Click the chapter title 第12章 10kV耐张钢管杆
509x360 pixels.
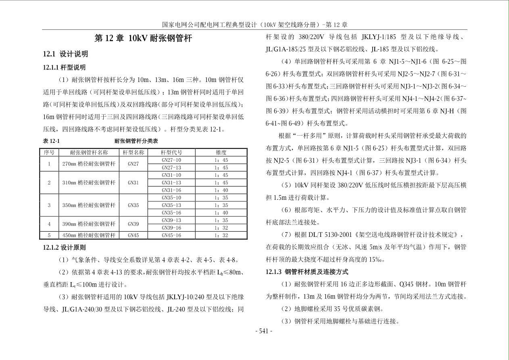[143, 39]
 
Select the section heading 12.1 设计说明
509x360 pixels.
[65, 54]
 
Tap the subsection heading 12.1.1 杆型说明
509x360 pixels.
[64, 67]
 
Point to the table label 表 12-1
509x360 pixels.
[51, 141]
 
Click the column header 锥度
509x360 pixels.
[221, 153]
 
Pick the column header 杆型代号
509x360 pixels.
[171, 153]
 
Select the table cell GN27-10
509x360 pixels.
[171, 160]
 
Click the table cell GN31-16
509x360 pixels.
[171, 190]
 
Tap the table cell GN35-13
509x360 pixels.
[171, 205]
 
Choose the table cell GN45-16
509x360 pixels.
[171, 235]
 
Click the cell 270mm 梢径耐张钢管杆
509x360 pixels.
[89, 164]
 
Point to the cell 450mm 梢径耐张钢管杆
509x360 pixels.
[89, 235]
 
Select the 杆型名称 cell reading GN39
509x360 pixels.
[133, 224]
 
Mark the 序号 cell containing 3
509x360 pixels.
[49, 205]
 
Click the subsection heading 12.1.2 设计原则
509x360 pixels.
[64, 247]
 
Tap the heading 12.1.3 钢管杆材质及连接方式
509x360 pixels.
[307, 272]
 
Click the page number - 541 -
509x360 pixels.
[264, 331]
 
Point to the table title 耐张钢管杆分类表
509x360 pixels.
[136, 141]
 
